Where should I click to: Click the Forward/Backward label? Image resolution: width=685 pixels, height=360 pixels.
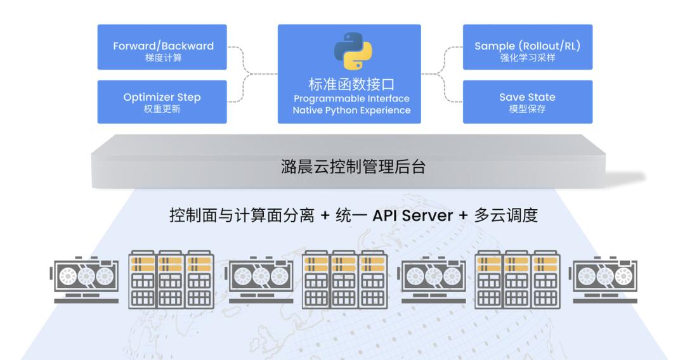(164, 46)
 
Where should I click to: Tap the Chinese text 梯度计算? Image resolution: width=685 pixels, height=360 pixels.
(164, 57)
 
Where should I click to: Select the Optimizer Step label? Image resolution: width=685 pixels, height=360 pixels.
(164, 97)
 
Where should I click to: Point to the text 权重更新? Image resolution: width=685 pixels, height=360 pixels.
(164, 108)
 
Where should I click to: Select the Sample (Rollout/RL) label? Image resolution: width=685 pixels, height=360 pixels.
(527, 46)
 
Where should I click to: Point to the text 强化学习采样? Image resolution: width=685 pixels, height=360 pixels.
(527, 57)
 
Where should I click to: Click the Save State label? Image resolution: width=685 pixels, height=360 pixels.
(527, 97)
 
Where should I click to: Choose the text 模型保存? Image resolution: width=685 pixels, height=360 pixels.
(527, 108)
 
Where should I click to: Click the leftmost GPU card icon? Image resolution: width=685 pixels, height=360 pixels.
(84, 278)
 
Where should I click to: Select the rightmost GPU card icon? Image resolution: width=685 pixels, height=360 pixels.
(604, 278)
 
